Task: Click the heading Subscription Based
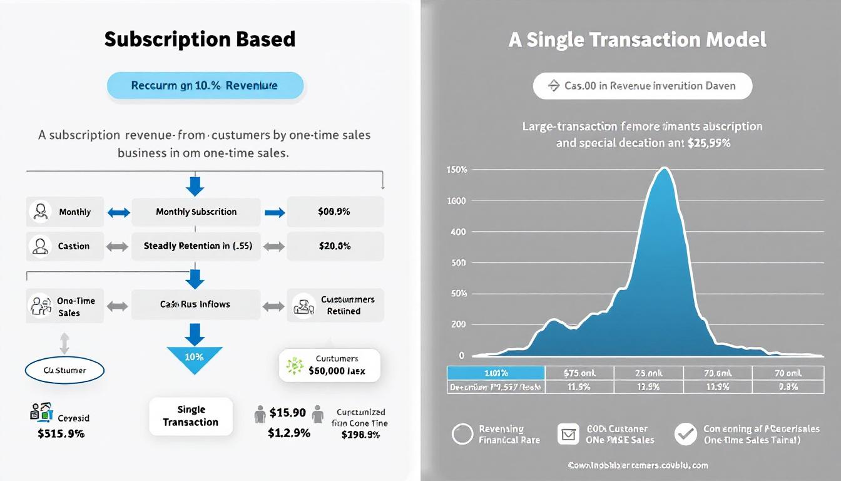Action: point(200,39)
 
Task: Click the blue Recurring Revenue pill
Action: point(205,85)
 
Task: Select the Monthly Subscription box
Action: point(196,212)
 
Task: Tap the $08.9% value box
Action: point(335,212)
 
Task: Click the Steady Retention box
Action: point(196,246)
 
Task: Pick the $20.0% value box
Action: point(335,246)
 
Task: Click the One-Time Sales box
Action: point(65,306)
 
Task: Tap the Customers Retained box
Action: point(335,306)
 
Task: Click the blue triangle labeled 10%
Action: point(195,359)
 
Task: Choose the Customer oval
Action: point(64,370)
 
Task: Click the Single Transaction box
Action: point(191,416)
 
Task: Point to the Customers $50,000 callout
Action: point(330,365)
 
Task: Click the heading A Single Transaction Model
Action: point(637,40)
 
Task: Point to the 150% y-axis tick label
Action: point(457,170)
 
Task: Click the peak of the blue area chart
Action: point(665,168)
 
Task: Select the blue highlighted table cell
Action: point(496,373)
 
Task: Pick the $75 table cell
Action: point(579,373)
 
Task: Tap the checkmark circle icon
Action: point(685,434)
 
